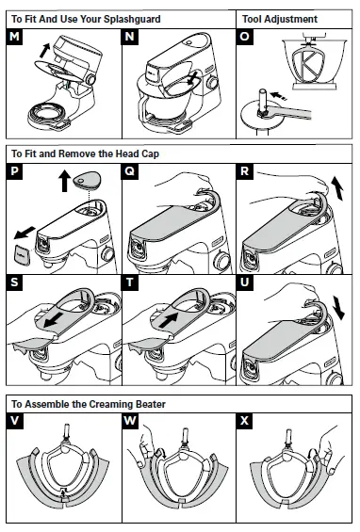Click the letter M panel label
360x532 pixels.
(x=16, y=37)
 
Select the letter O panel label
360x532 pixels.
(x=248, y=37)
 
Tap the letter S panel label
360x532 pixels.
(x=16, y=282)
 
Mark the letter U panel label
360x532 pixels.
(x=248, y=282)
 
